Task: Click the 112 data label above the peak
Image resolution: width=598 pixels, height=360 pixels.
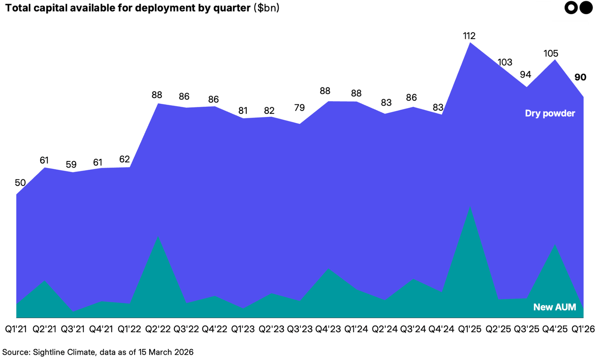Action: click(469, 36)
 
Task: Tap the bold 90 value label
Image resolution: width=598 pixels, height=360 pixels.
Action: click(580, 77)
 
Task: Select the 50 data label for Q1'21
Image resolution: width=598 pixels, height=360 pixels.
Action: click(20, 183)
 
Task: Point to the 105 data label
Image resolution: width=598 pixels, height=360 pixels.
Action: click(551, 53)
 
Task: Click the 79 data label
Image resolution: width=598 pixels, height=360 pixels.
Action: click(299, 108)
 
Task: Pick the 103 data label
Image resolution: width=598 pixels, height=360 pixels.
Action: click(505, 62)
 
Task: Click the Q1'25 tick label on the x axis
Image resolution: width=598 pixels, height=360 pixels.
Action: click(470, 329)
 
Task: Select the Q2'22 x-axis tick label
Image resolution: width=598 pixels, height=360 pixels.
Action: click(158, 329)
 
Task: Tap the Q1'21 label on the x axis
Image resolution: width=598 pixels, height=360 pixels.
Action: click(16, 329)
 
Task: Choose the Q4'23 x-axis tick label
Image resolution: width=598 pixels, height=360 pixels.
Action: click(328, 329)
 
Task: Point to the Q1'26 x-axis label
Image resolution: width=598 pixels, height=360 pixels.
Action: click(583, 329)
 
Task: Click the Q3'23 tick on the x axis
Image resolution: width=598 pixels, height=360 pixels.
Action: click(300, 329)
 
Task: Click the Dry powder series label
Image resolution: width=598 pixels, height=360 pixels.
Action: click(550, 113)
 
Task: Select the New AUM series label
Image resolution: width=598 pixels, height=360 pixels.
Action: click(555, 307)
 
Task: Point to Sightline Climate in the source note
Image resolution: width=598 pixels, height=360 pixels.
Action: click(64, 352)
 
